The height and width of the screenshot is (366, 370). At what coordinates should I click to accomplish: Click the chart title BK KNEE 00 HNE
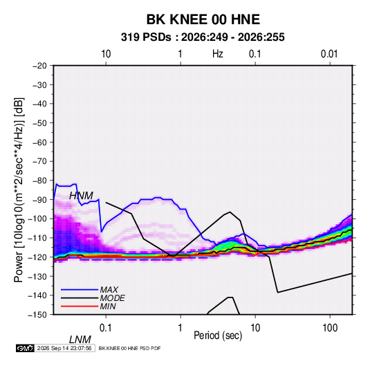[203, 19]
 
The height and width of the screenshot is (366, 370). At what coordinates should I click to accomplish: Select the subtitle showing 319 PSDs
[203, 37]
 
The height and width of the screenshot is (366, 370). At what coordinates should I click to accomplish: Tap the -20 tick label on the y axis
[39, 66]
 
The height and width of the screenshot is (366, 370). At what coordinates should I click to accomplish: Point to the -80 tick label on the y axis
[39, 181]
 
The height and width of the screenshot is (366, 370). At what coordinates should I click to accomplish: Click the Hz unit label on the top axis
[218, 54]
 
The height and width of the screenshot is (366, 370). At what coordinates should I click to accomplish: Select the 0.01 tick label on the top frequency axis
[329, 54]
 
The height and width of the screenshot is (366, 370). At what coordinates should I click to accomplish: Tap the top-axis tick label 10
[106, 54]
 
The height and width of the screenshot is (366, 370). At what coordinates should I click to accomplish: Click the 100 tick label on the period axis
[330, 328]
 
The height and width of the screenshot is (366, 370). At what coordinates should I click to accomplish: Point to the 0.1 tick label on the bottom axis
[106, 328]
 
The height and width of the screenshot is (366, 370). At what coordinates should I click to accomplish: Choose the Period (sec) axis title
[218, 336]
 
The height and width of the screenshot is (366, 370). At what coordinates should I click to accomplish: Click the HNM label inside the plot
[81, 196]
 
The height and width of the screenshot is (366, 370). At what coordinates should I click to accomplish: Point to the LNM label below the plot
[80, 340]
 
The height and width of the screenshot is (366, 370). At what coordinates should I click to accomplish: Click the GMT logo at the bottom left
[25, 348]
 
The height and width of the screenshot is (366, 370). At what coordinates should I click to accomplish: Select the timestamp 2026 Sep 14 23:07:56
[64, 348]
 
